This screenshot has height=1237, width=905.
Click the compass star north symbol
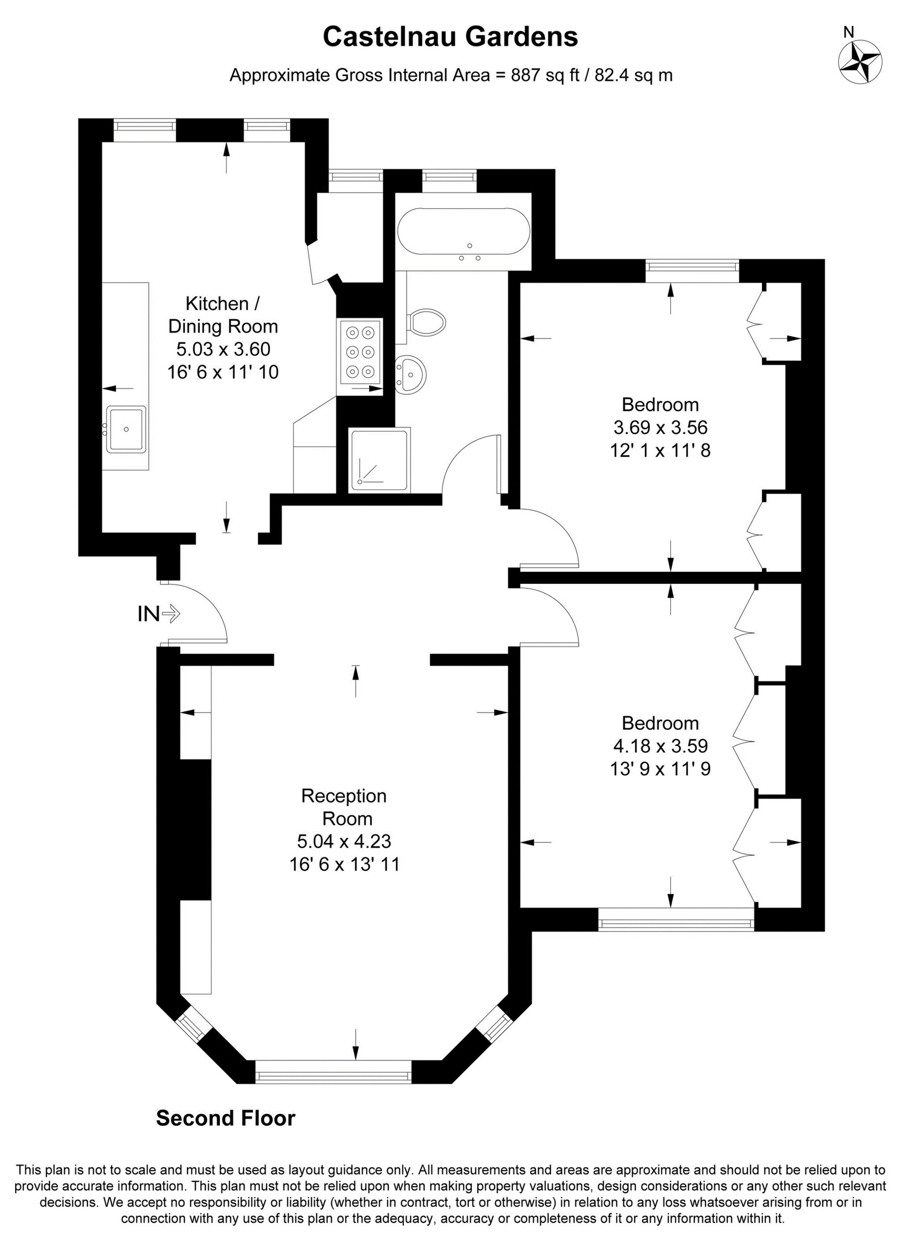click(x=859, y=63)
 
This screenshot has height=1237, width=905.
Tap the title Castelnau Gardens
click(x=450, y=37)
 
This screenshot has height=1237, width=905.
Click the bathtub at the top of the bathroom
click(x=463, y=232)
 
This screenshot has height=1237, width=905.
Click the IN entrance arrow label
click(x=158, y=614)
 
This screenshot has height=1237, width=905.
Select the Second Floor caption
click(x=226, y=1118)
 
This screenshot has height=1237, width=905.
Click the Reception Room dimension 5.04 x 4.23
click(x=344, y=840)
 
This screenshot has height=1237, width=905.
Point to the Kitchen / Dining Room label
click(x=223, y=314)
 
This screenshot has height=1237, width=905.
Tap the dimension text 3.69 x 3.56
click(x=660, y=427)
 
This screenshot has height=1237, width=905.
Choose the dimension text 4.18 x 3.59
click(x=660, y=746)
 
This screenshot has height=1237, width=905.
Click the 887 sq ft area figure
click(x=544, y=75)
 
